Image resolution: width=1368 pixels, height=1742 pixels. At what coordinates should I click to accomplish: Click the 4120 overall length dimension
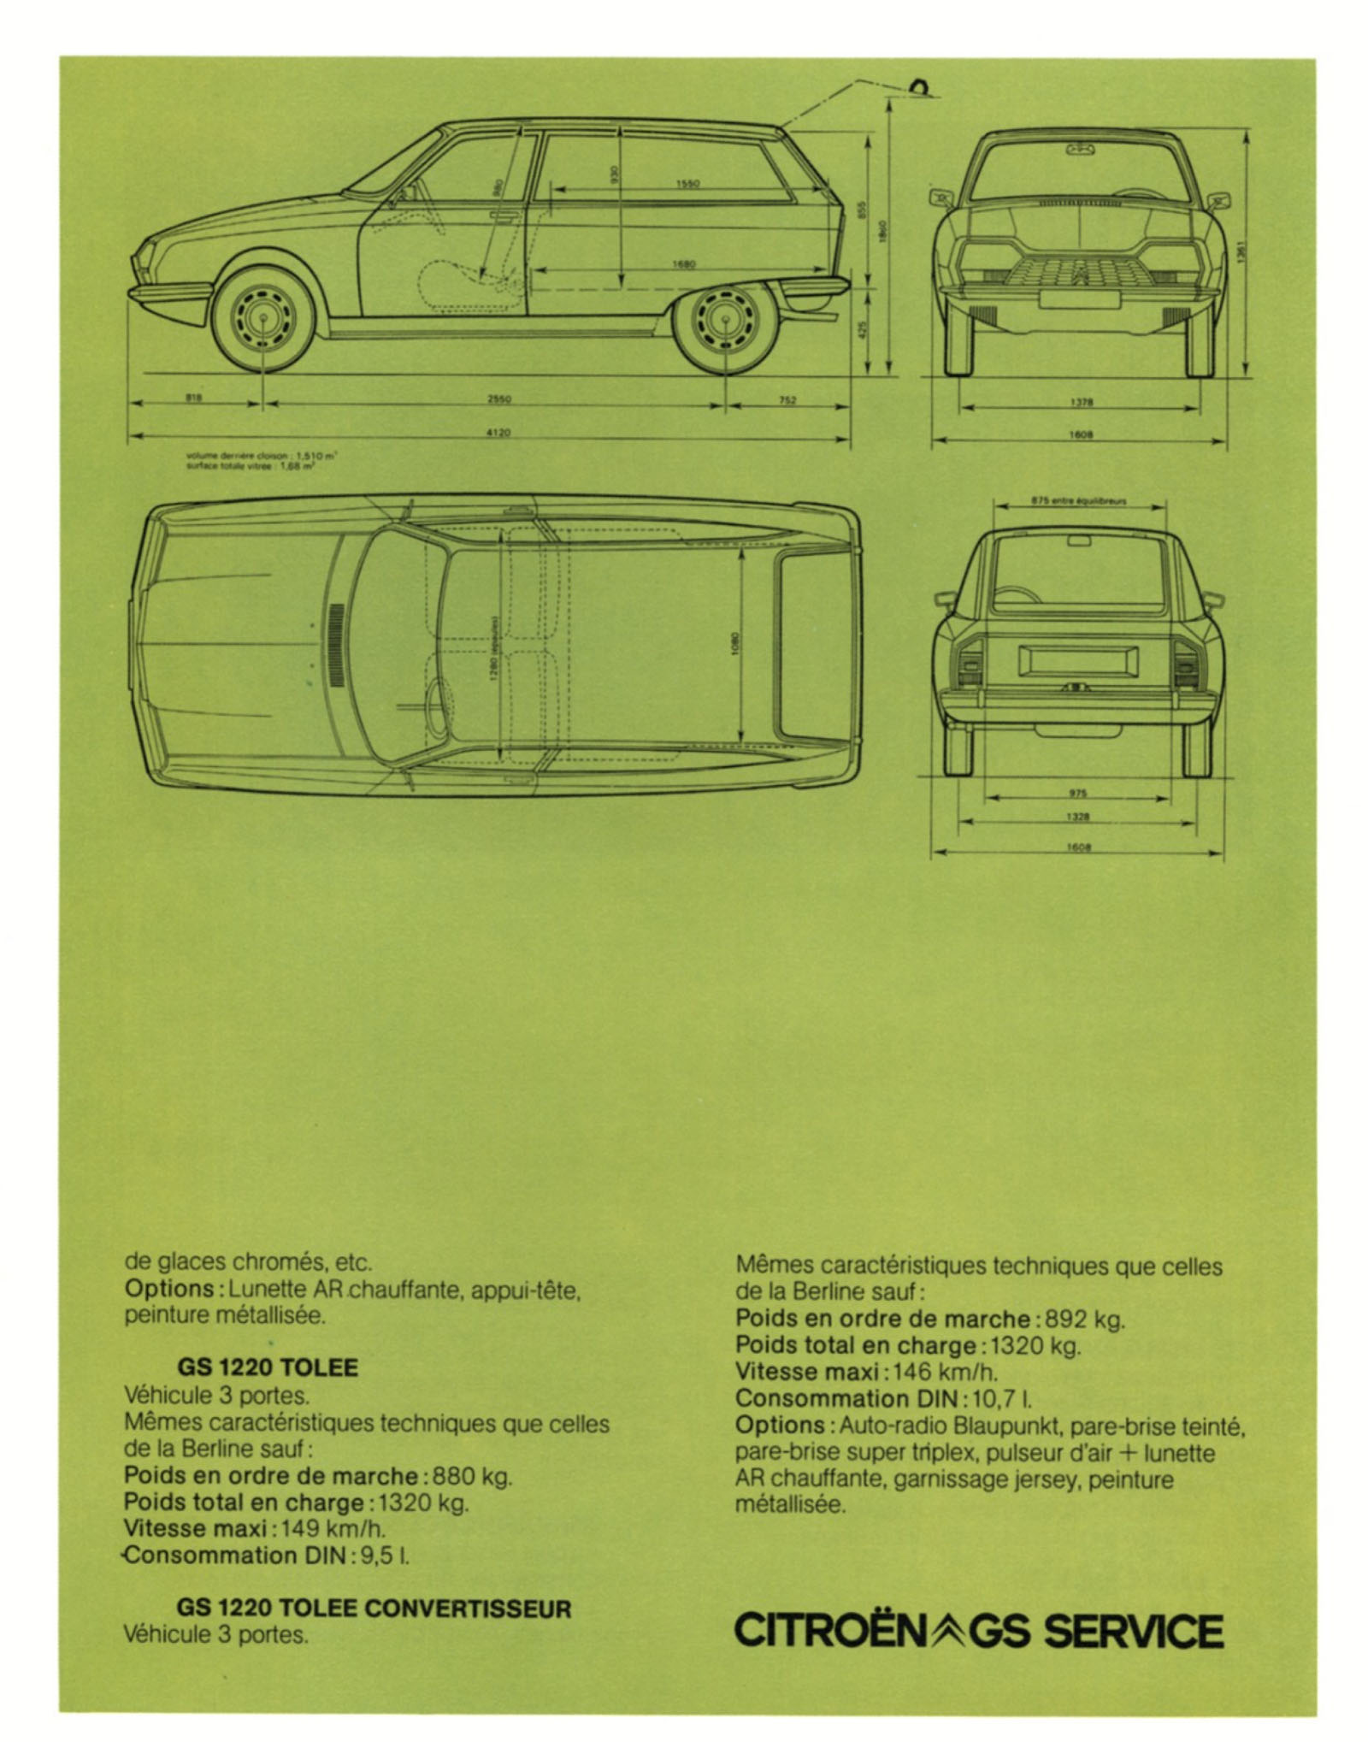(498, 433)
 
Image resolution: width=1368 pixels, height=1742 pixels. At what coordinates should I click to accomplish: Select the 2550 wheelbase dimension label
(498, 399)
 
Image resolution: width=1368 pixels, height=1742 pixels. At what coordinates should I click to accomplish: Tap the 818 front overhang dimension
(194, 398)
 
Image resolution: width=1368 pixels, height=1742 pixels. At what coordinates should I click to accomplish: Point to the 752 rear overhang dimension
(787, 399)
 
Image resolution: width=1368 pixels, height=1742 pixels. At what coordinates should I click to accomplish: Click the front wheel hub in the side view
(262, 322)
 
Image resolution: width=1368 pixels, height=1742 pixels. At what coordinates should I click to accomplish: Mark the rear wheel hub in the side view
(726, 322)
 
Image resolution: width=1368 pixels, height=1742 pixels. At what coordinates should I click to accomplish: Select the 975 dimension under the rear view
(1077, 793)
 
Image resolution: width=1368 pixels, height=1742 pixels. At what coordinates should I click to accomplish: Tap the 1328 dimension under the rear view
(1077, 817)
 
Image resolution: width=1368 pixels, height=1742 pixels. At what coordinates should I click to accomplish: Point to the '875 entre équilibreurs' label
(1078, 501)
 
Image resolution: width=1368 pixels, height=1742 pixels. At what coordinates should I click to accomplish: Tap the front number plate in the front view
(1079, 299)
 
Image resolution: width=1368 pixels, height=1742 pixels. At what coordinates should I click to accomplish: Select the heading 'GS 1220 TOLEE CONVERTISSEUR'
(374, 1608)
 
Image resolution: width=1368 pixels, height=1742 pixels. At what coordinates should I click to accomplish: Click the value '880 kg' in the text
(472, 1476)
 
